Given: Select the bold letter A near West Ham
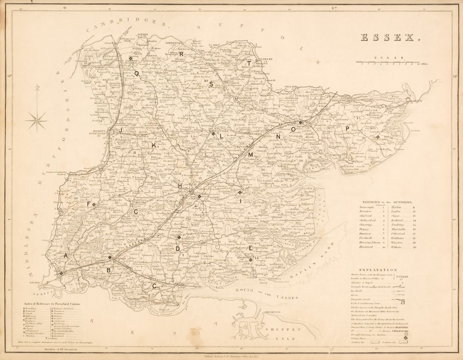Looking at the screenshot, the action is (66, 255).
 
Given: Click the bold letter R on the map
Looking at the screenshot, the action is (182, 53).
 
